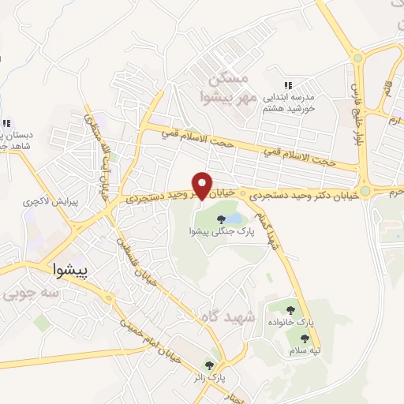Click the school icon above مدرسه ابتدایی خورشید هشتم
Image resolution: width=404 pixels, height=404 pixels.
coord(287,84)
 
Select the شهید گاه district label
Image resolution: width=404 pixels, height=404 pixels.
coord(229,316)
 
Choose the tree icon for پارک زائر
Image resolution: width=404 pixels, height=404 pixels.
coord(209,365)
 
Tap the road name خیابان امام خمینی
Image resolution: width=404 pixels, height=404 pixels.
coord(151,339)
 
